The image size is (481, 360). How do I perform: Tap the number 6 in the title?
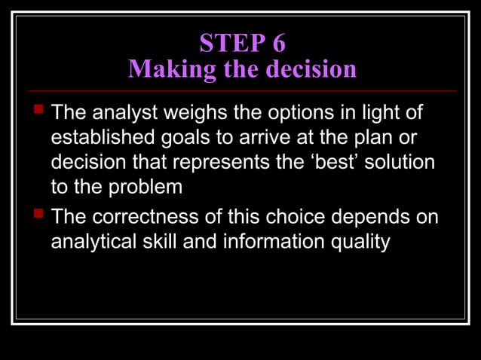277,43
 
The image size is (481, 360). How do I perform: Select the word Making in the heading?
164,69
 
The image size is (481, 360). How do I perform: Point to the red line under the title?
241,90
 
